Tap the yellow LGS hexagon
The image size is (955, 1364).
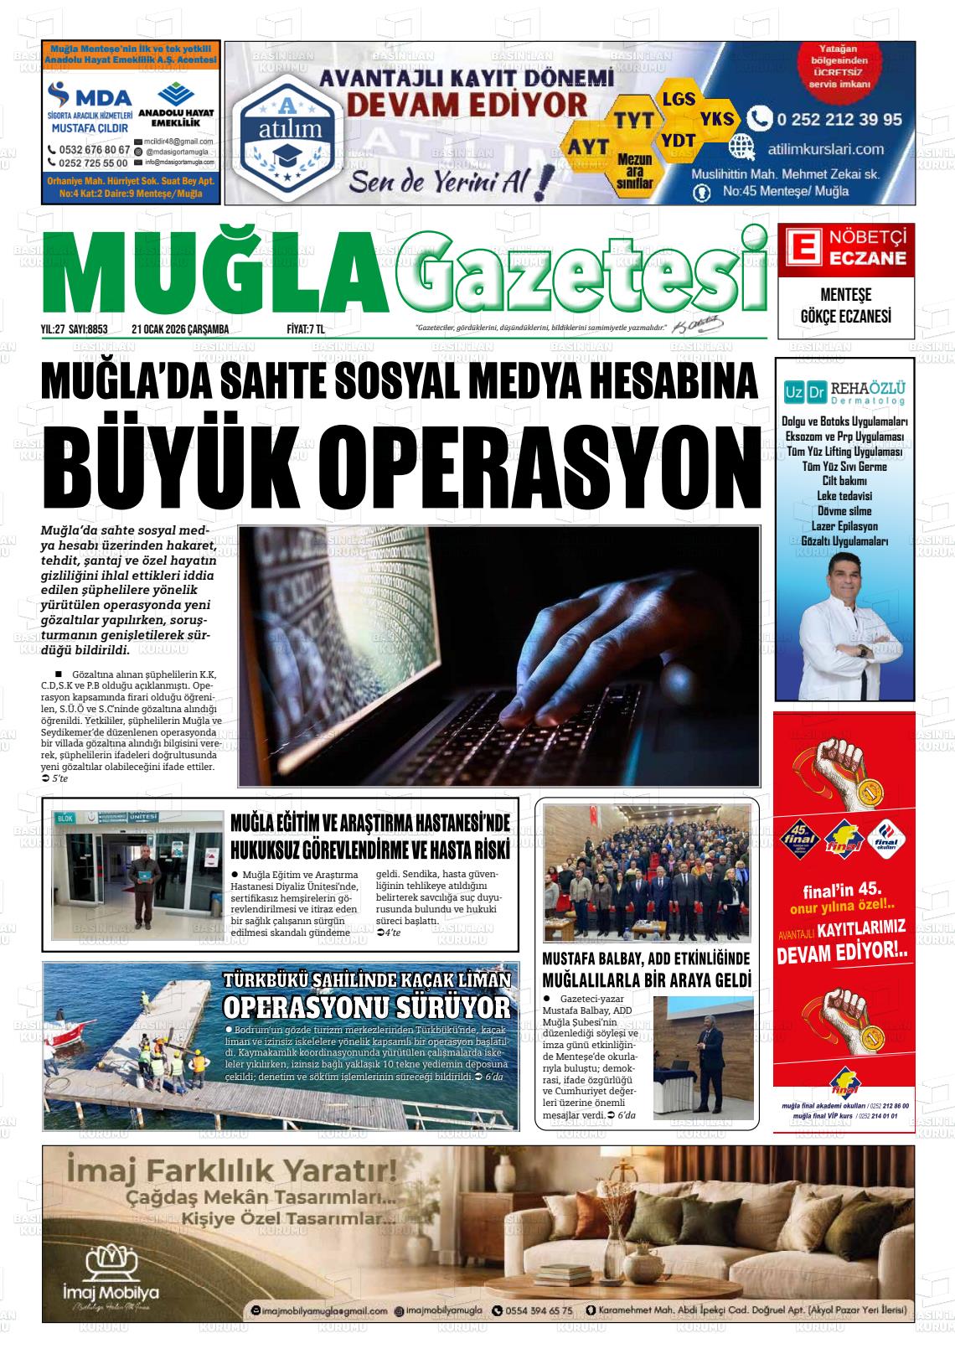(678, 99)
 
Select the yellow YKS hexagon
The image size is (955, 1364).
(716, 118)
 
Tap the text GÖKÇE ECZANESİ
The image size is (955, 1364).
(846, 317)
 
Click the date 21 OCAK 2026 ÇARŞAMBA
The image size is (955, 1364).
(180, 329)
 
